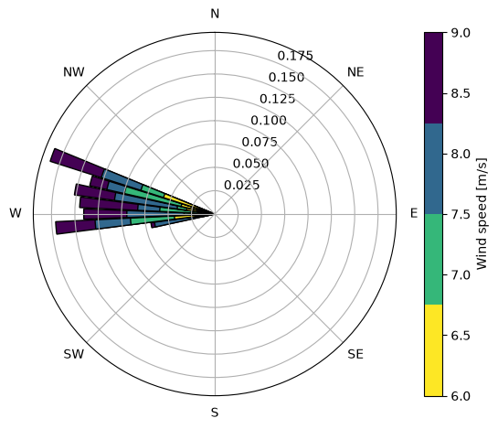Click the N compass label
[x=215, y=14]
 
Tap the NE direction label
[x=355, y=72]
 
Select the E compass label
[x=414, y=213]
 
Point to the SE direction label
[x=355, y=354]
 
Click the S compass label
[x=215, y=413]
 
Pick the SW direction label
[x=74, y=354]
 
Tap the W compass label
[x=16, y=213]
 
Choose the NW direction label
[x=74, y=72]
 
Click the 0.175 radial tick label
[x=295, y=56]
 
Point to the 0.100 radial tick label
[x=269, y=120]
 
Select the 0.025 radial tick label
[x=242, y=185]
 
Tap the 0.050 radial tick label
[x=250, y=164]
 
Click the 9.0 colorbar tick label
[x=461, y=33]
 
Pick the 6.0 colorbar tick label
[x=461, y=396]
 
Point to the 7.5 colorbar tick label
[x=461, y=214]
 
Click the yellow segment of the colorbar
[x=433, y=350]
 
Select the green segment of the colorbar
[x=433, y=259]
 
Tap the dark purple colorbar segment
[x=433, y=78]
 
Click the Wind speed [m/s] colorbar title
[x=482, y=214]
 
